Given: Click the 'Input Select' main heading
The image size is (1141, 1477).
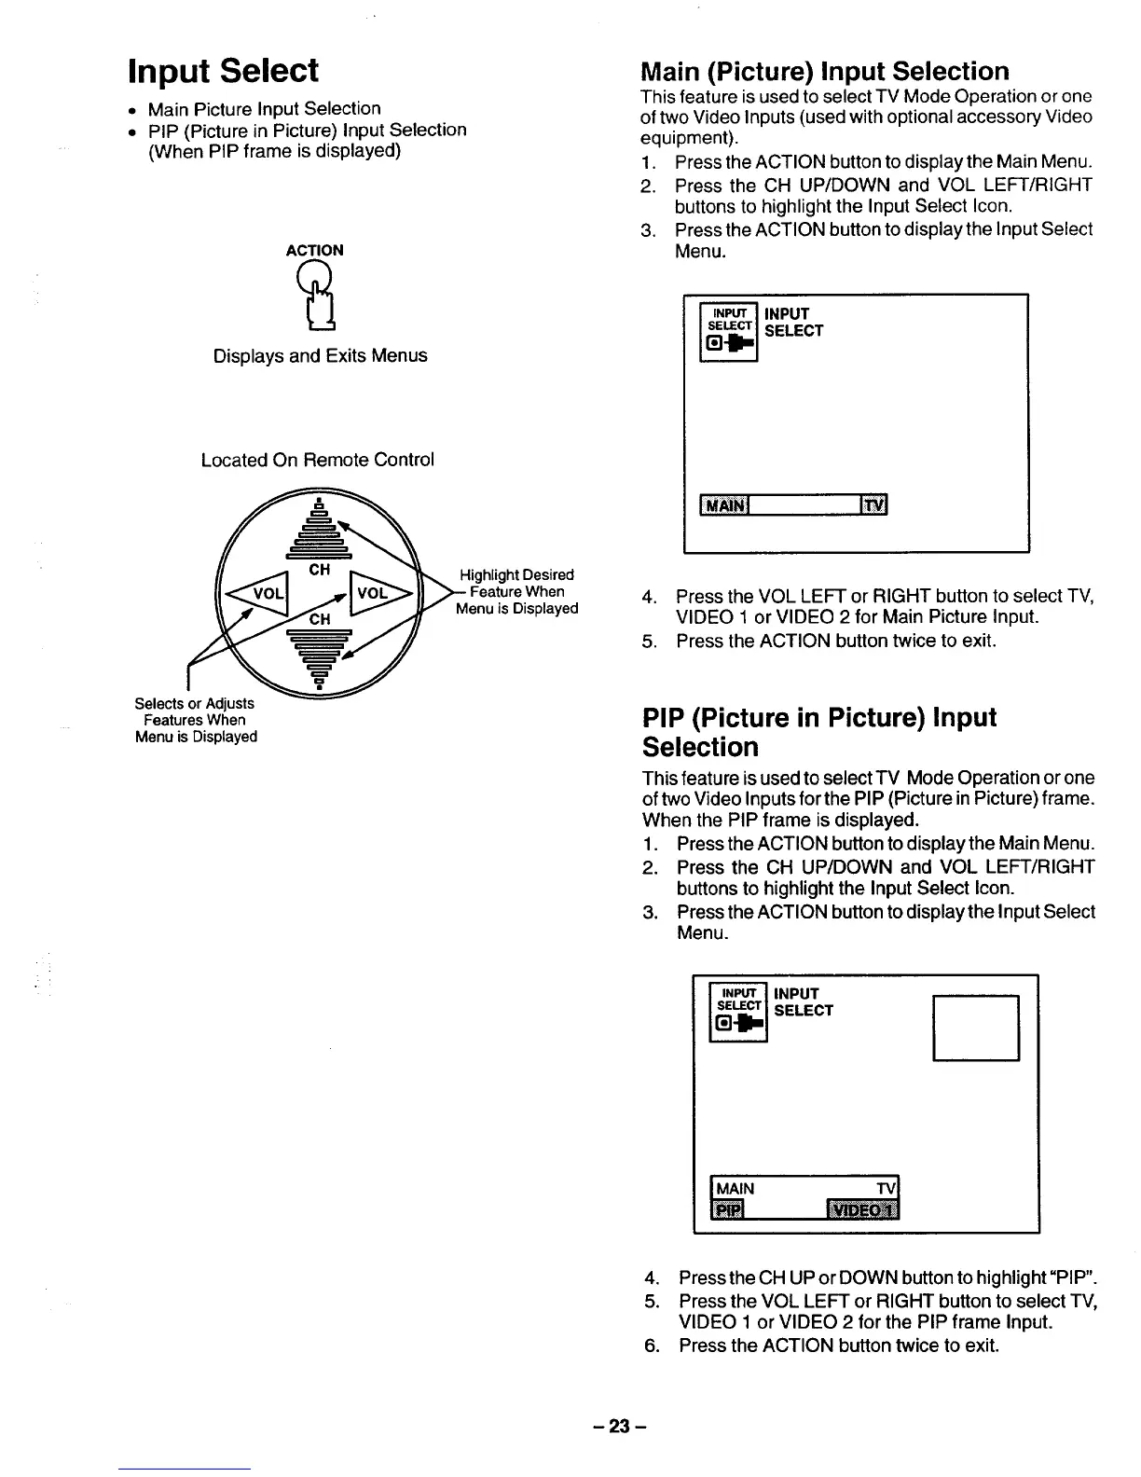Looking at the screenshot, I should [x=223, y=71].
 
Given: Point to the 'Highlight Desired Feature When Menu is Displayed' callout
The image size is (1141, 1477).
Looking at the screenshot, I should [x=516, y=592].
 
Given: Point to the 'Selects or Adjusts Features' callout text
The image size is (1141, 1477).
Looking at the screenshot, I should [x=195, y=720].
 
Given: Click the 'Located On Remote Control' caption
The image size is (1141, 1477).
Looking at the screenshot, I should [x=317, y=460].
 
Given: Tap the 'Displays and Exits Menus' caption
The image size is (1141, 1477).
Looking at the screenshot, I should [x=320, y=356].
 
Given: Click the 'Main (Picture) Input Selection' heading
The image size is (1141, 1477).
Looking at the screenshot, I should [x=824, y=72].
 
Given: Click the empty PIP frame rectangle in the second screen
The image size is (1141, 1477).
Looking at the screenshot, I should [x=976, y=1028].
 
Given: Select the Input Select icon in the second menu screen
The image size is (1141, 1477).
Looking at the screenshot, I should [x=738, y=1010].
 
